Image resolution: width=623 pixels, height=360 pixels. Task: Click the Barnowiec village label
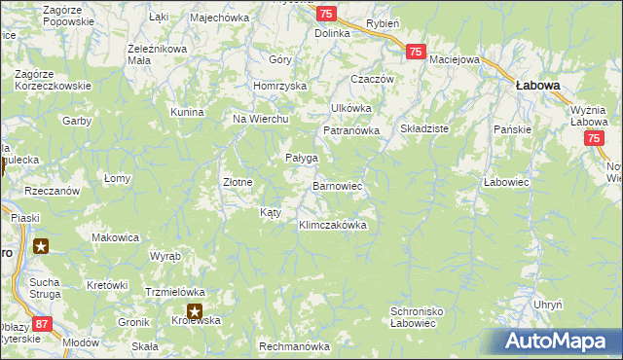pos(337,185)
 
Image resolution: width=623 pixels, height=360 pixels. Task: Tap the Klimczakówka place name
pos(332,225)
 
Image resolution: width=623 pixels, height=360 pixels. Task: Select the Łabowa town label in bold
pos(537,86)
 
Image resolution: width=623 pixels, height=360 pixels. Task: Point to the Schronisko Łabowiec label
pos(418,318)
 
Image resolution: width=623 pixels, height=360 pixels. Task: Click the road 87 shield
pos(41,322)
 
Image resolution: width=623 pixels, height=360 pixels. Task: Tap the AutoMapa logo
pos(563,342)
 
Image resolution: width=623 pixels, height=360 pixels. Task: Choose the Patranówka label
pos(351,131)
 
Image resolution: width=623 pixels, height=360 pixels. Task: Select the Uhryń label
pos(548,305)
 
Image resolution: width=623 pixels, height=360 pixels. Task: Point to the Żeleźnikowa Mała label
pos(157,53)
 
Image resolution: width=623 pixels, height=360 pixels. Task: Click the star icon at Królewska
pos(195,312)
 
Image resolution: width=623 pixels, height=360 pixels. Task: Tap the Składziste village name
pos(424,128)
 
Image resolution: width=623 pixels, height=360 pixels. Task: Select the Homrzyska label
pos(279,86)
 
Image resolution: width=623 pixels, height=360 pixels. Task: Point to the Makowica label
pos(116,237)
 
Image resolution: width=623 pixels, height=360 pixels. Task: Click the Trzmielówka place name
pos(174,291)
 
